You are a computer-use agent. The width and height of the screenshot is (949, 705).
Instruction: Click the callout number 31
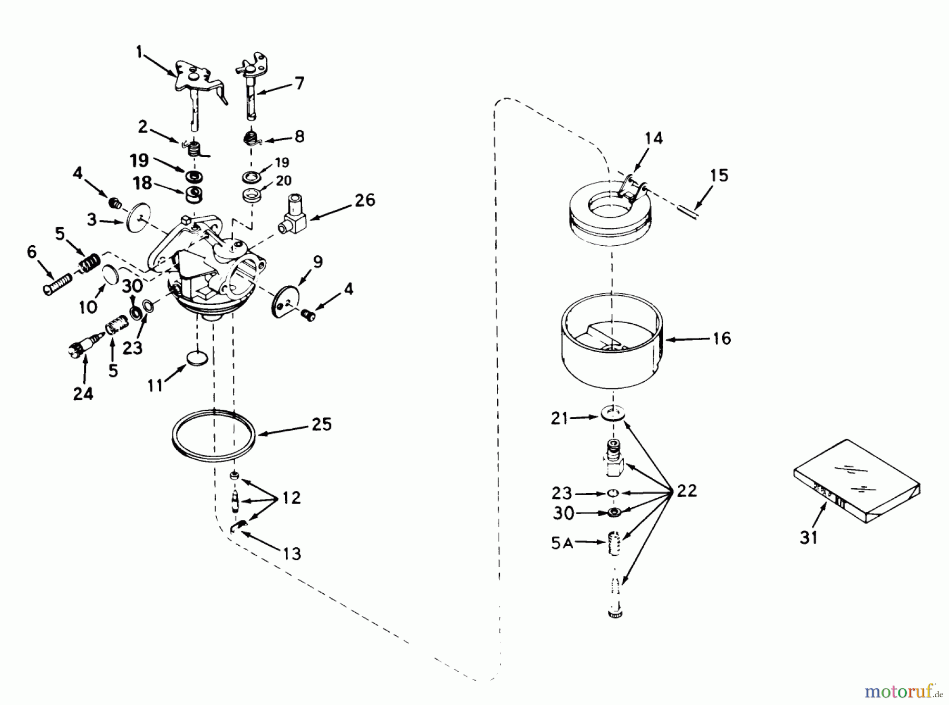tap(808, 537)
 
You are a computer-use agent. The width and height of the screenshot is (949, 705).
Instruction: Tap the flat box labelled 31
tap(856, 481)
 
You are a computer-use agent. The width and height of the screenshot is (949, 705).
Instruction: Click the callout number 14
tap(653, 139)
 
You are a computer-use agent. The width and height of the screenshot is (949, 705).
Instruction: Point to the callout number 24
tap(83, 393)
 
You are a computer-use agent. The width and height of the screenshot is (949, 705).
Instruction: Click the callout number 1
tap(139, 52)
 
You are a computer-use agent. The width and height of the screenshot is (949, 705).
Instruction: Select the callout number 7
tap(299, 83)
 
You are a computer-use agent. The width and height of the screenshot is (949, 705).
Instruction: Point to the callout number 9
tap(318, 262)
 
